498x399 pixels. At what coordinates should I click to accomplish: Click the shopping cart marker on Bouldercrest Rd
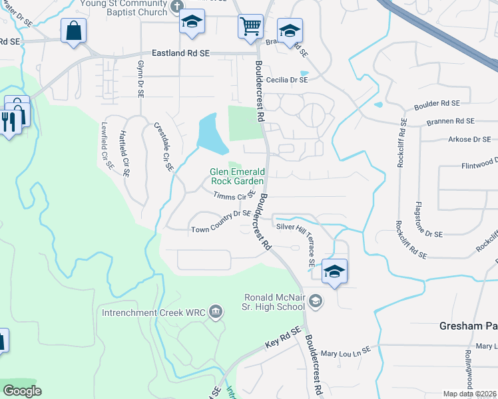point(251,27)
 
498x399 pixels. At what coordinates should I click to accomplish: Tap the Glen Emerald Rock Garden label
point(238,176)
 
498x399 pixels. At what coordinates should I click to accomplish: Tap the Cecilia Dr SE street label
point(287,80)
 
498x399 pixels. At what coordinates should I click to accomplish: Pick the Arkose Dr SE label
point(469,139)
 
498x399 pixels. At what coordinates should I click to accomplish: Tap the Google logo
point(22,391)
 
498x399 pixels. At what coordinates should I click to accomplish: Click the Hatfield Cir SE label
point(123,154)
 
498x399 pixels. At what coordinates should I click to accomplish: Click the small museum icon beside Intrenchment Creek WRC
point(215,311)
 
